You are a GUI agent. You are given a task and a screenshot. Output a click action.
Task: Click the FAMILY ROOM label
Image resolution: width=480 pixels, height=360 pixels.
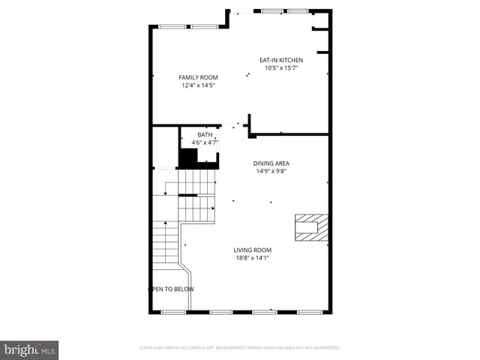pos(198,77)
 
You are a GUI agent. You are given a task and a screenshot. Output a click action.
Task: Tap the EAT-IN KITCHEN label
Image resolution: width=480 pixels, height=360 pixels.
pos(282,60)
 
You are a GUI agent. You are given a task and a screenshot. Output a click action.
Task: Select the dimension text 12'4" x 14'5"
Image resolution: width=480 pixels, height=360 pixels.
pos(198,85)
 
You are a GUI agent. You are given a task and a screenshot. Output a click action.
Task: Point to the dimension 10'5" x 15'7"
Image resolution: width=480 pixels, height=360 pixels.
pos(282,68)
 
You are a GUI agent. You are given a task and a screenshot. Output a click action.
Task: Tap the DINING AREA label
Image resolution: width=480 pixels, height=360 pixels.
pos(271,163)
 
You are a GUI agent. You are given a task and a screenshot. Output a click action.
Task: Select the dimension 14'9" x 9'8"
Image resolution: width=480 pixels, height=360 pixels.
pos(271,170)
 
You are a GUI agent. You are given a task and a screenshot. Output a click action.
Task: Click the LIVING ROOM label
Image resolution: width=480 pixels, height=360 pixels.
pos(252,250)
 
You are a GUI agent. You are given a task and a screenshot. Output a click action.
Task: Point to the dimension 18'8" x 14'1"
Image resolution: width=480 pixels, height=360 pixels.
pos(252,258)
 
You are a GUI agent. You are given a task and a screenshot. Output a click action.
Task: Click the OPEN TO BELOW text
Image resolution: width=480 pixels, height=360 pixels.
pos(171,289)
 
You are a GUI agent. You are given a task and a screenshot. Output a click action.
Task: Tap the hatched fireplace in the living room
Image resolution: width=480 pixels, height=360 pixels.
pos(311,226)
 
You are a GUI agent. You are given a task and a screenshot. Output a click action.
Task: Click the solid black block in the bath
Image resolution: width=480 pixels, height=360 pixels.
pos(187,157)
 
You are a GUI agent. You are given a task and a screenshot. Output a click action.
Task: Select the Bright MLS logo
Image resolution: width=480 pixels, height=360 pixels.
pos(29,349)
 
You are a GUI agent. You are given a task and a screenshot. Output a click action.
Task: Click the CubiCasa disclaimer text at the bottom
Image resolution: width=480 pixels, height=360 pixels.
pos(240,348)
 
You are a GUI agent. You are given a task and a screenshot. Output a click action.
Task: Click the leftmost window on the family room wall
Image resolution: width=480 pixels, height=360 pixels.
pos(172,27)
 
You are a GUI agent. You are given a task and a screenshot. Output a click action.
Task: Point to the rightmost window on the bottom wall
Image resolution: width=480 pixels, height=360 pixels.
pos(309,311)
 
